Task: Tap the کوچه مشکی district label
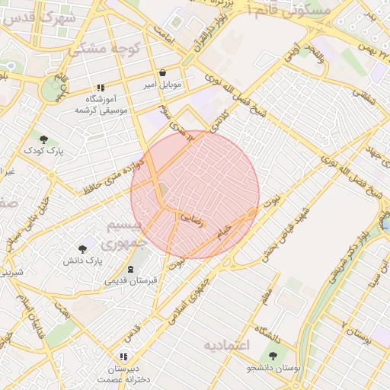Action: point(95,50)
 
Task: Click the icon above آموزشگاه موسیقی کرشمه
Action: point(101,88)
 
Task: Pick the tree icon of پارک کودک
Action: point(43,139)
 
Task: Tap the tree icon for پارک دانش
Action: point(82,248)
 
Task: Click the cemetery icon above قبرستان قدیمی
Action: point(132,269)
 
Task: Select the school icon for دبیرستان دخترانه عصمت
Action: point(123,356)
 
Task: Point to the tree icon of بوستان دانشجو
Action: point(273,356)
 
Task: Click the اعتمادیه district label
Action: point(226,345)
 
